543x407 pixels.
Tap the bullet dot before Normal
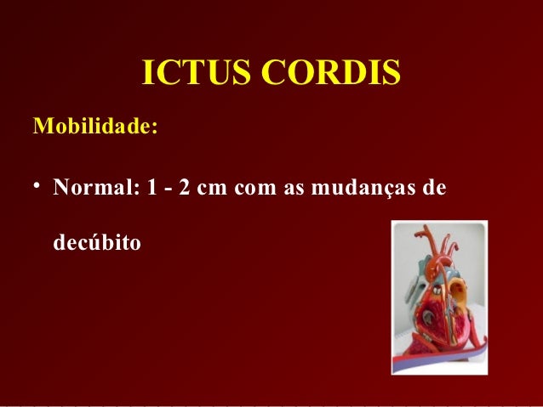[x=37, y=186]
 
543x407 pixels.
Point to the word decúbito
[x=97, y=244]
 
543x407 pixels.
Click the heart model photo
[x=439, y=297]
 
